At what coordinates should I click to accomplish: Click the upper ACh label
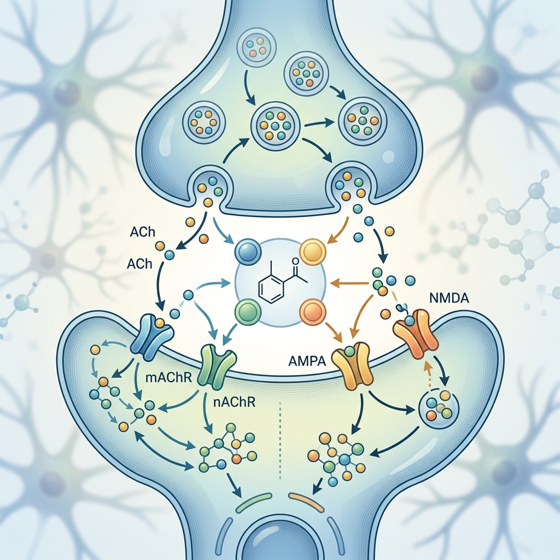pos(143,232)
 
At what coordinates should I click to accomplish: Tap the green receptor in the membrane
pos(218,365)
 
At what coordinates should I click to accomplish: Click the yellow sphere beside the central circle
pos(312,252)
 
